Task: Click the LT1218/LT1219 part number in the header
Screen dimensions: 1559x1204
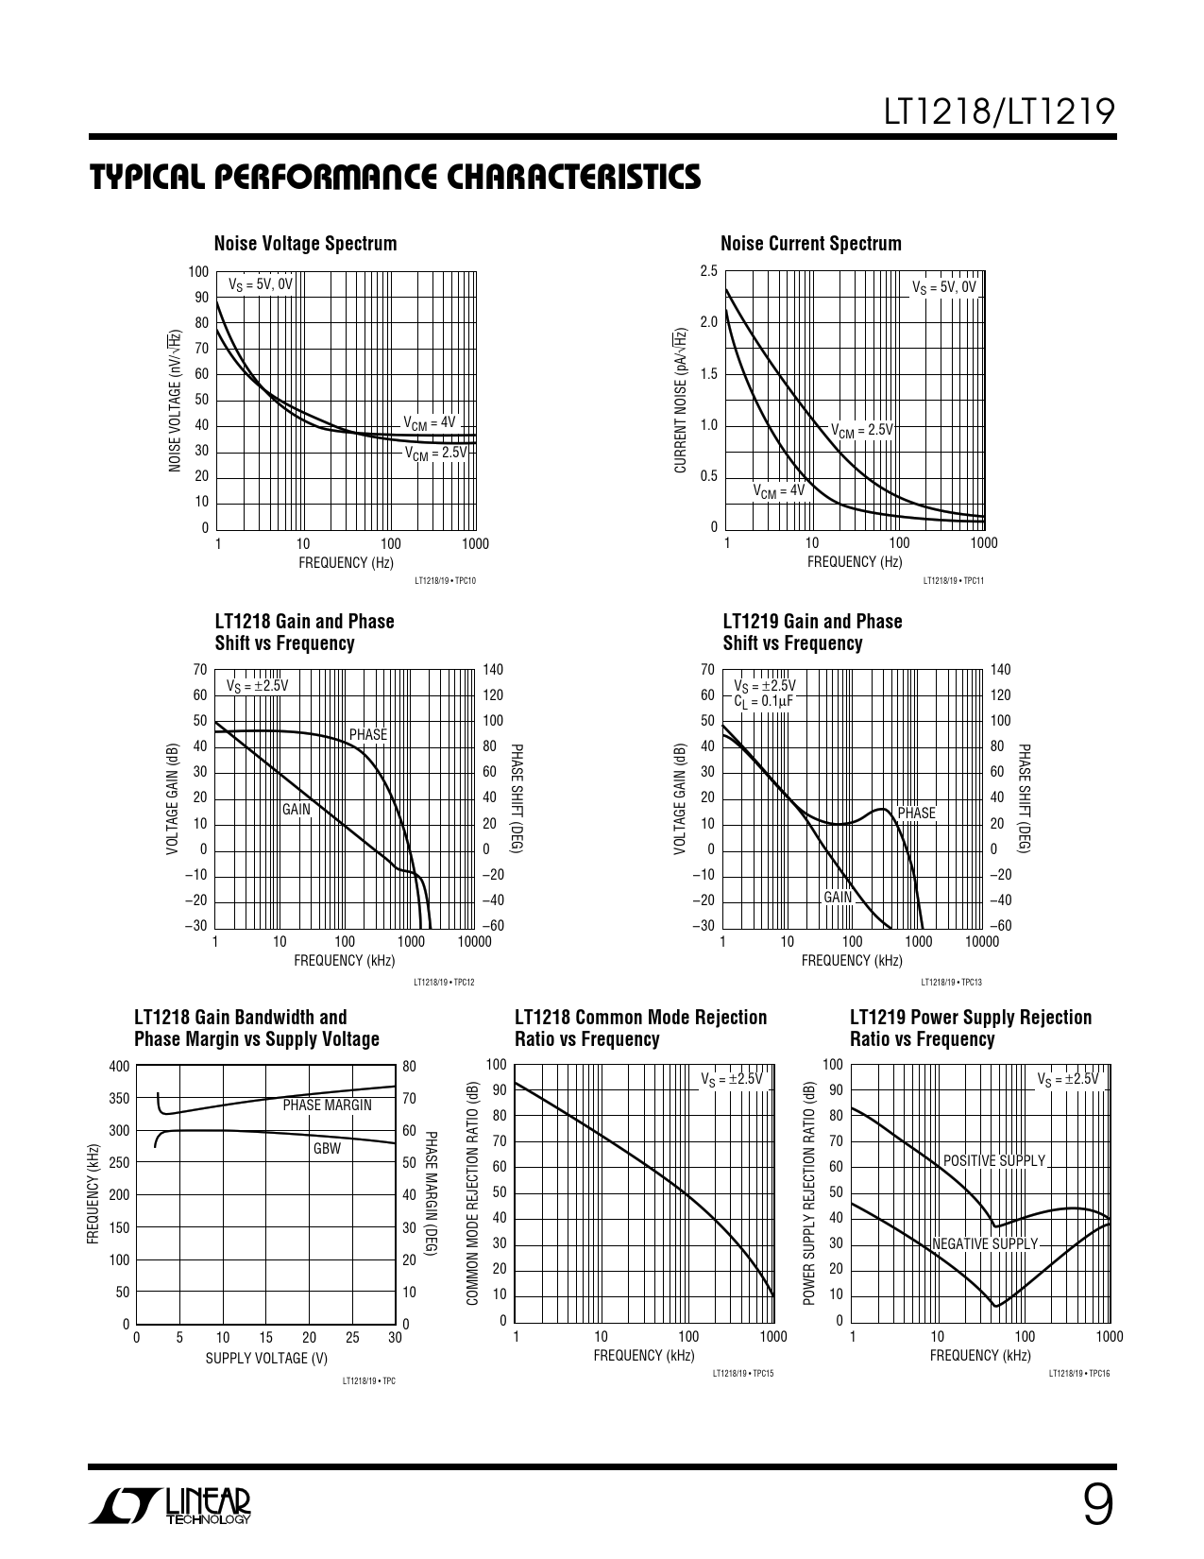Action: tap(1000, 113)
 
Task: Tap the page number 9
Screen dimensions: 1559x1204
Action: tap(1096, 1506)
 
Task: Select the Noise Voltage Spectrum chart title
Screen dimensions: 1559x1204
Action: tap(305, 244)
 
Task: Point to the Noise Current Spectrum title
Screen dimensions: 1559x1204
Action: tap(810, 244)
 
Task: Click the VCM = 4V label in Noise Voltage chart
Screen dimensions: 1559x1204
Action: tap(429, 423)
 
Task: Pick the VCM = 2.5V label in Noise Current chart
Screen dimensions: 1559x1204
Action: tap(861, 430)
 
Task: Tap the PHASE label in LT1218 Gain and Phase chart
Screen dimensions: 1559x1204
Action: tap(368, 734)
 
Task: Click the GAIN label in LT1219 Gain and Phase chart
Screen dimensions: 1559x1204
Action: tap(838, 898)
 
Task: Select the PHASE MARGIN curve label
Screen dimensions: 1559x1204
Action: tap(327, 1105)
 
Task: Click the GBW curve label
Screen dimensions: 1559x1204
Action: tap(327, 1149)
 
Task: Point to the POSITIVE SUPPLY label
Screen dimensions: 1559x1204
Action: tap(994, 1160)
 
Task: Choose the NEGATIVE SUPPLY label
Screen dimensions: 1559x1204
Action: tap(985, 1244)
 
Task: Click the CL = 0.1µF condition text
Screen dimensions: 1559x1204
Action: tap(763, 701)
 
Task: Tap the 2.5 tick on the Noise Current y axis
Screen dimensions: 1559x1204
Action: tap(708, 271)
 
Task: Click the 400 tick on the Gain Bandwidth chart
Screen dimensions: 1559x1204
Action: tap(119, 1067)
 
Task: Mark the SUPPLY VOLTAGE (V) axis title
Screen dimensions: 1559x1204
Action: tap(266, 1358)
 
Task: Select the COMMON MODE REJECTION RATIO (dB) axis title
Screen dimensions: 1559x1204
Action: tap(474, 1196)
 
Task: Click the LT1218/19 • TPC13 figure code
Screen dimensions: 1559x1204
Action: tap(951, 982)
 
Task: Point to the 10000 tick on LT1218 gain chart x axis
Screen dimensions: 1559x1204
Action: tap(474, 941)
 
